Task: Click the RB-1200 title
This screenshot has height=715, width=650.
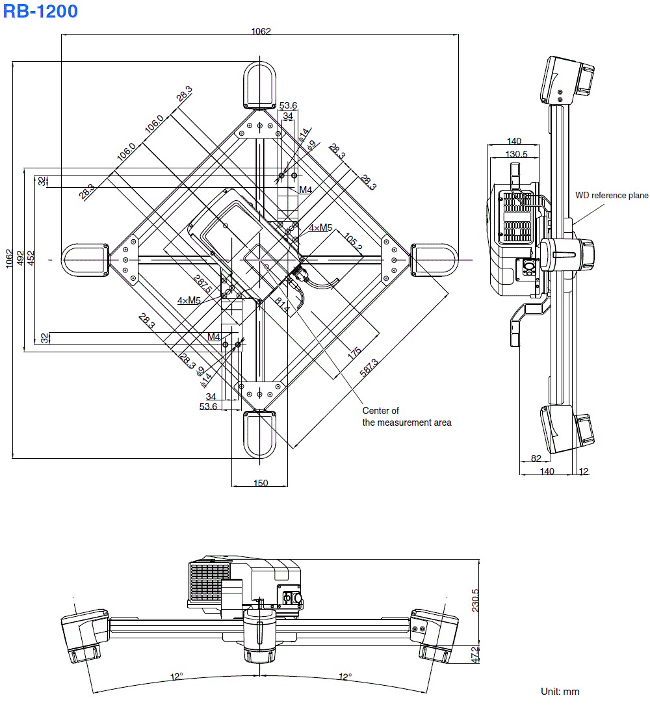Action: pos(40,11)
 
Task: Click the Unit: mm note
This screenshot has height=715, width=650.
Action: pos(560,691)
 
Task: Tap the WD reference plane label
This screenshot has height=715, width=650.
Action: pos(611,195)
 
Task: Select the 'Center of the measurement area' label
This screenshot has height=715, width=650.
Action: pos(406,417)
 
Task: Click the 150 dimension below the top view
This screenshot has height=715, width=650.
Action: pos(260,482)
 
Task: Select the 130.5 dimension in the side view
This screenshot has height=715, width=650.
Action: pos(516,154)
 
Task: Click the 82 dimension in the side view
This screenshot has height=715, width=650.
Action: pos(536,458)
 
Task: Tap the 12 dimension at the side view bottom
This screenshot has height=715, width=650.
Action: pos(583,471)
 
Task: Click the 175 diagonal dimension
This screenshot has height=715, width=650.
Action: pos(354,353)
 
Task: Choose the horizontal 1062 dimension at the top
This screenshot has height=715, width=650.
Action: pos(261,31)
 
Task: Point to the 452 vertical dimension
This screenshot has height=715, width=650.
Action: pos(31,257)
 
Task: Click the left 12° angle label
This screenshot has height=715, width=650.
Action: pos(177,677)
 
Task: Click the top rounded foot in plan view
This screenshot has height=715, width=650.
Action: pos(260,84)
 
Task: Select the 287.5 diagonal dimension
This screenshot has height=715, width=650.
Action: pos(203,284)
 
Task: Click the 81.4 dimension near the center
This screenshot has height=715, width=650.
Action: pos(282,305)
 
